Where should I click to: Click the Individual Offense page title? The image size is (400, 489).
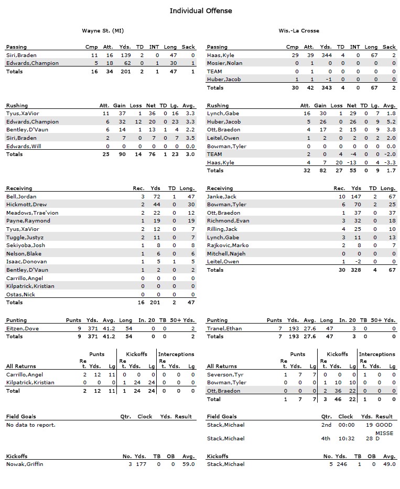point(200,10)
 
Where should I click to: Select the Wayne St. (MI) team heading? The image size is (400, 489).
point(103,31)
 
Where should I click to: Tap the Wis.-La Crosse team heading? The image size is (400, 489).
point(299,31)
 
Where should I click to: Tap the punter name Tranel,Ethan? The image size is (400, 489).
point(223,328)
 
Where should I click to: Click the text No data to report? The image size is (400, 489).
point(30,425)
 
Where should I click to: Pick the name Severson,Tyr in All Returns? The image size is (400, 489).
point(225,374)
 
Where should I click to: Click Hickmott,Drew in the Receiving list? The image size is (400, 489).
point(26,205)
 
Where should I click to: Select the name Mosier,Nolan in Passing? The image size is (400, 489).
point(225,63)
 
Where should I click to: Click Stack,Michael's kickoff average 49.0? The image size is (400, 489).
point(390,464)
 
